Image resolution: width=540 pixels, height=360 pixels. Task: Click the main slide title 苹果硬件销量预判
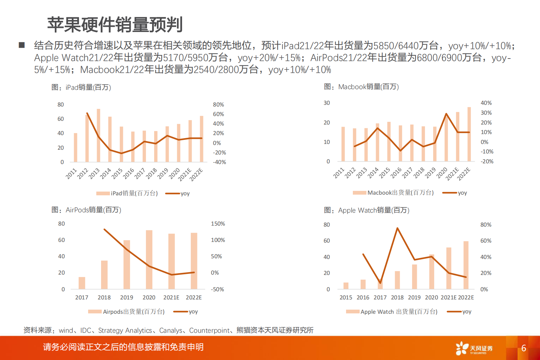point(115,24)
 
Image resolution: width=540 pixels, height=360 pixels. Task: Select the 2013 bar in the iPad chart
point(98,136)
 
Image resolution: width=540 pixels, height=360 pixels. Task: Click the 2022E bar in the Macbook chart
point(469,134)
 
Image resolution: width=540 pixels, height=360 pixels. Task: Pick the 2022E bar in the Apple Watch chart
point(466,265)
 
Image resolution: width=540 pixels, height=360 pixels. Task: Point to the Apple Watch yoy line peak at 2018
point(397,228)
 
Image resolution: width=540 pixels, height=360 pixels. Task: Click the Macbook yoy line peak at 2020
point(446,114)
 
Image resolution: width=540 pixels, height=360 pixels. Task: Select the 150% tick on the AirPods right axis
point(218,224)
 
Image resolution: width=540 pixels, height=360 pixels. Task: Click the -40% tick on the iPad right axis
point(219,162)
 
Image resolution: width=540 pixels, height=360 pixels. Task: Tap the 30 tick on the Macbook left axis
point(327,103)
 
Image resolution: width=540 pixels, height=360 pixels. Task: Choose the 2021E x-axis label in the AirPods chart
point(171,297)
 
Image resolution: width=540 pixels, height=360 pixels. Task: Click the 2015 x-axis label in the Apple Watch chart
point(346,297)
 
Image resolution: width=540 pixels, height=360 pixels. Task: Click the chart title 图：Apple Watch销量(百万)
point(366,210)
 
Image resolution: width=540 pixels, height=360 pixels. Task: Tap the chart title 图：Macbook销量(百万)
point(361,87)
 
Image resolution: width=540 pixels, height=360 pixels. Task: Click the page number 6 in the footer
point(524,348)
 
